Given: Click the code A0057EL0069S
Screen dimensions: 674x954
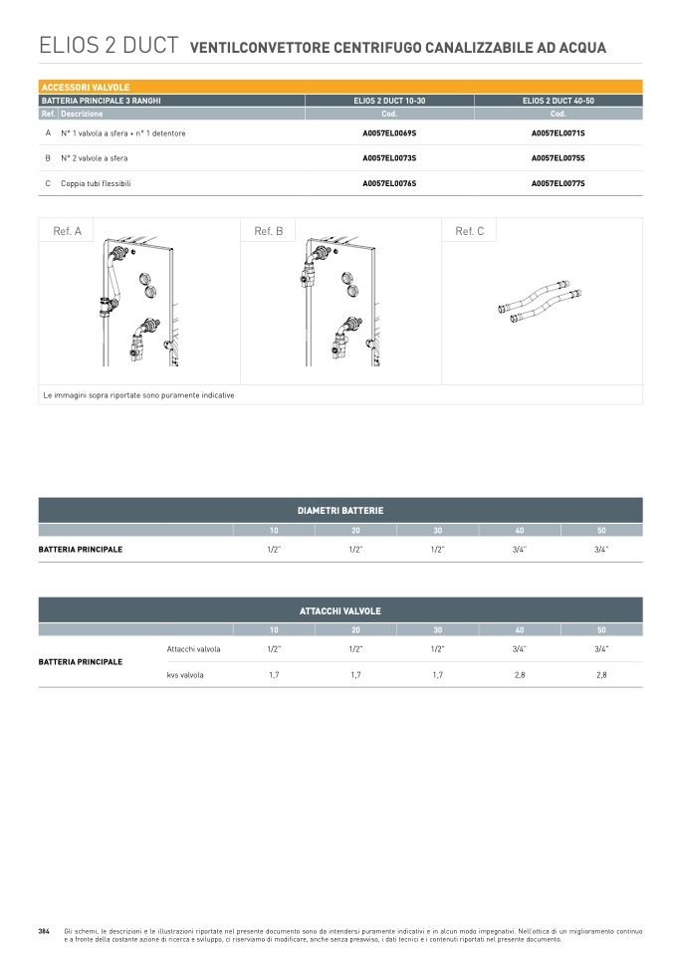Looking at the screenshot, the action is [389, 133].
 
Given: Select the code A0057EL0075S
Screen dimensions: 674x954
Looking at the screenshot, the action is [558, 158].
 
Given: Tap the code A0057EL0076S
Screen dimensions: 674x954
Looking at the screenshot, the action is [389, 183].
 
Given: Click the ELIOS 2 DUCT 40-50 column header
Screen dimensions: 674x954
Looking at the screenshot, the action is [558, 101].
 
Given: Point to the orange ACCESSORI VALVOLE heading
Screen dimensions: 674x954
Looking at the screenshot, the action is [86, 87].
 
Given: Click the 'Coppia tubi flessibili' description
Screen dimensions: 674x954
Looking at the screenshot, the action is [96, 183].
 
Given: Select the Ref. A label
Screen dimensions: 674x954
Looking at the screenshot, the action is [67, 231].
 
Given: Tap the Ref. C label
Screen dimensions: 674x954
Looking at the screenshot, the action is [470, 231].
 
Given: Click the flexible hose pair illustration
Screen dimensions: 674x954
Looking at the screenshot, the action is [539, 301].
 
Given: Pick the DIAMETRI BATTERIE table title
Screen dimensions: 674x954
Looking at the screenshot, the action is [340, 511].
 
